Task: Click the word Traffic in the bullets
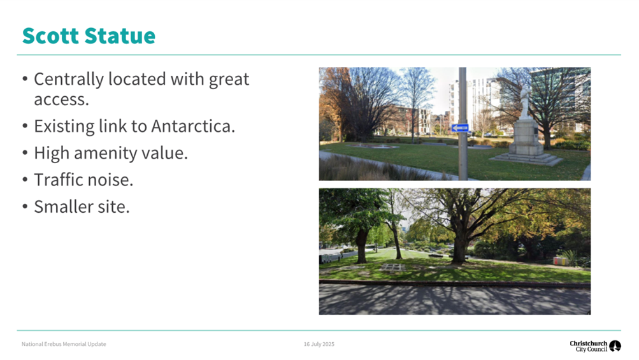click(x=57, y=180)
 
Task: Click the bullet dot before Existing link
click(x=25, y=126)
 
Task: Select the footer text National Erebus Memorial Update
click(x=64, y=344)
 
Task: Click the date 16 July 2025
click(x=319, y=344)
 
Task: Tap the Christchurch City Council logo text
click(x=588, y=346)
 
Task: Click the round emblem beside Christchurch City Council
click(x=615, y=346)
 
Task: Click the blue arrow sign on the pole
click(x=460, y=128)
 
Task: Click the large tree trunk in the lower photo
click(x=458, y=245)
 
